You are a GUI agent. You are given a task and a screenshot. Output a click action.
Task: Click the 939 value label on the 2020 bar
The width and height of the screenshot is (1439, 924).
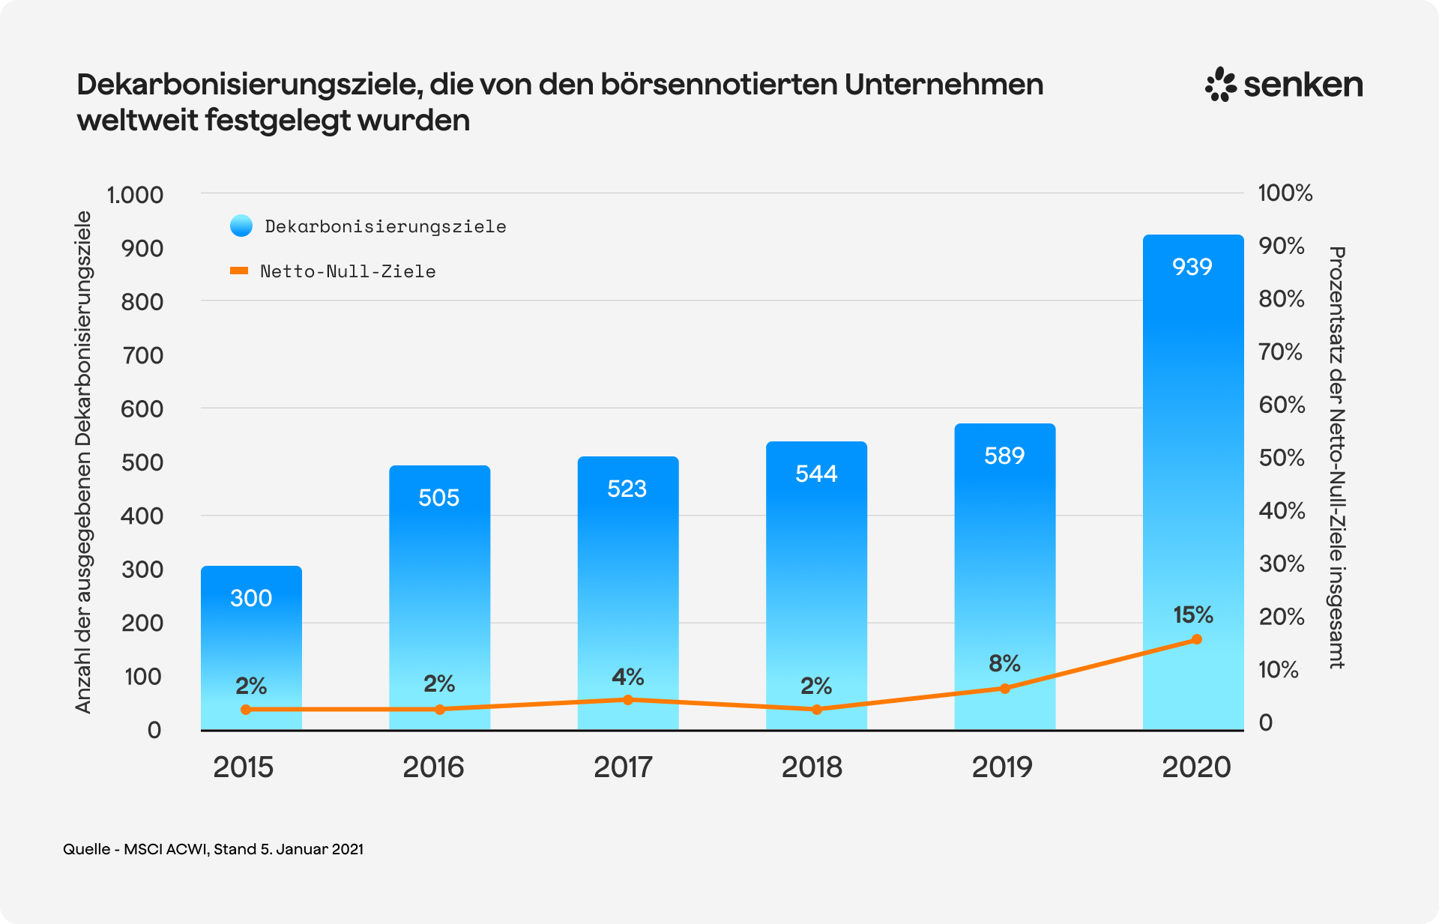click(1192, 267)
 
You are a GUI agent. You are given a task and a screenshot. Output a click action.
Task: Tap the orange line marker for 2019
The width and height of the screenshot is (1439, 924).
click(1005, 688)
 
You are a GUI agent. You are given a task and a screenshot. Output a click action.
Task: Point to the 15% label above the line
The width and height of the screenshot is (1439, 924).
click(1192, 615)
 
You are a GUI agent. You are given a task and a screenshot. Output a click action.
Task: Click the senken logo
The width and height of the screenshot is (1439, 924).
click(1284, 85)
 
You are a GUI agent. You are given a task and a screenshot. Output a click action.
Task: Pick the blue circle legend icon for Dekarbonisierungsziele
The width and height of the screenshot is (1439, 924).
click(241, 226)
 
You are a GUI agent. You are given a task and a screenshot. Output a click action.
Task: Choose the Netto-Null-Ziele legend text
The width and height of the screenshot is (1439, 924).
click(348, 271)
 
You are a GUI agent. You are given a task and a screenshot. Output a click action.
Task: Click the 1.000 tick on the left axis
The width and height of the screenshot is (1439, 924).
click(135, 195)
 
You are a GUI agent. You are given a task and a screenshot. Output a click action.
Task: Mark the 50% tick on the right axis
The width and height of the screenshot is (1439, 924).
click(1282, 458)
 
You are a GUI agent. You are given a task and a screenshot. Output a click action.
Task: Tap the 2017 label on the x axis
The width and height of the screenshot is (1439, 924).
click(623, 767)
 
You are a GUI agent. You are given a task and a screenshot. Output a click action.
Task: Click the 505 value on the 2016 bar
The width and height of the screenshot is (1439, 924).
click(438, 498)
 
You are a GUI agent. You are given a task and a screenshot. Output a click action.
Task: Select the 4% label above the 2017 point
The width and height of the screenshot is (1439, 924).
click(627, 677)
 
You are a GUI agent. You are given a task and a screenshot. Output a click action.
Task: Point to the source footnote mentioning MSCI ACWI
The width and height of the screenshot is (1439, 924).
click(213, 849)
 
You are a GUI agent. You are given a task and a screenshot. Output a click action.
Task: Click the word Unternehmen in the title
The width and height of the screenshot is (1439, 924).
click(944, 85)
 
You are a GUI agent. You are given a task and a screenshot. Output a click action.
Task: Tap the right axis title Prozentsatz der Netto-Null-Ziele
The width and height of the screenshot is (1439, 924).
click(1336, 457)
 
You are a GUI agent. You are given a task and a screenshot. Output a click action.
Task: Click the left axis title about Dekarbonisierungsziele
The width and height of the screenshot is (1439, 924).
click(83, 462)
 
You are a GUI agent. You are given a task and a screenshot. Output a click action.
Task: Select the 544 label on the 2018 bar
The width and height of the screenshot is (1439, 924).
click(816, 474)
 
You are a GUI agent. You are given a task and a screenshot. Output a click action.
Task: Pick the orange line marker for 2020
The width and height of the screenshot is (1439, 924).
click(1196, 639)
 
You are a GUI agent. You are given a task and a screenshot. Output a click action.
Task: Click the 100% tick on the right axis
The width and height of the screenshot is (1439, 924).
click(1285, 193)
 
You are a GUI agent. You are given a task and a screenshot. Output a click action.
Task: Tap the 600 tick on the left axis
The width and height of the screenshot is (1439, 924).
click(142, 409)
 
